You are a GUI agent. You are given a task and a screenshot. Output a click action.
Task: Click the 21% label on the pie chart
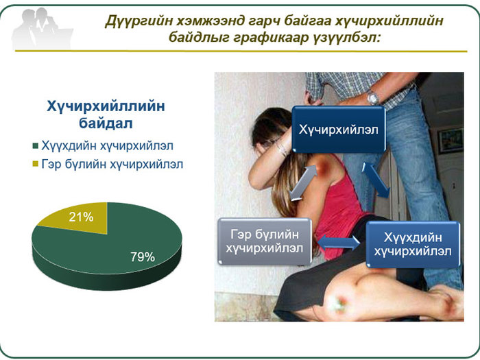81,217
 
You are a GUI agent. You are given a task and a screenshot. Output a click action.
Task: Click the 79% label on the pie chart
143,257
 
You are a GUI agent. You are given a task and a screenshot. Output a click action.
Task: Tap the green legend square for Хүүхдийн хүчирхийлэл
35,145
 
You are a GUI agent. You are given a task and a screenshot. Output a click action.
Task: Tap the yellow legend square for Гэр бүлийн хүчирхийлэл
35,164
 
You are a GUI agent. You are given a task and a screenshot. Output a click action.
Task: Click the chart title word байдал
106,123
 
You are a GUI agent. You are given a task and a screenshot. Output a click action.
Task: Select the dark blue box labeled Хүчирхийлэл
338,129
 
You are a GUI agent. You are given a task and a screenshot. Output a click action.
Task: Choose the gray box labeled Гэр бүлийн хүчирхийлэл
265,241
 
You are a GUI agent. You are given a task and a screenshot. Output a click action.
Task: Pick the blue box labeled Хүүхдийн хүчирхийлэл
413,244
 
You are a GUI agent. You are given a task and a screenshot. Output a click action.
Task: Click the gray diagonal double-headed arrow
304,183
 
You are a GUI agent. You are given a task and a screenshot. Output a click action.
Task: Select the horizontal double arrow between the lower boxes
339,243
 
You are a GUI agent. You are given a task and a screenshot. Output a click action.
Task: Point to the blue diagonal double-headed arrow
376,180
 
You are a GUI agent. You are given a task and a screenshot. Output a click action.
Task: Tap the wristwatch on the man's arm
373,97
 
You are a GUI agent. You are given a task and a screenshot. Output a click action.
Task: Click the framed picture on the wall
451,141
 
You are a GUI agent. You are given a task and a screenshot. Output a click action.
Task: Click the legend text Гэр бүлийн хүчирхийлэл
112,165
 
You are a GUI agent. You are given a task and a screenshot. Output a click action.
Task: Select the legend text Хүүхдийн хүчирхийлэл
107,145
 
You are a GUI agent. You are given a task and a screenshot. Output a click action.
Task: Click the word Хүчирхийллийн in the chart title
106,106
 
